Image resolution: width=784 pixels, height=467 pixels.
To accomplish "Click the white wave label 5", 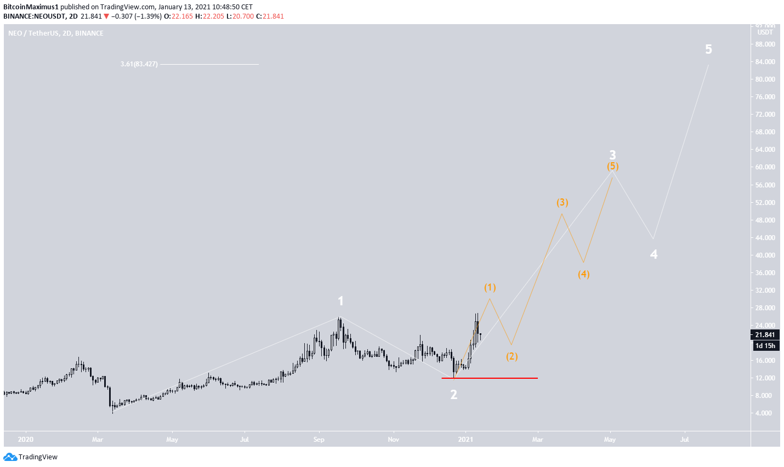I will point(708,49).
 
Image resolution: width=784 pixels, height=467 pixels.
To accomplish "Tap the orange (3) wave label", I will point(562,202).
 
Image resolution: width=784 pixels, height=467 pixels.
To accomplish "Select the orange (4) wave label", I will point(583,274).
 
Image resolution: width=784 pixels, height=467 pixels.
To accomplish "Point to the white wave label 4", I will point(654,254).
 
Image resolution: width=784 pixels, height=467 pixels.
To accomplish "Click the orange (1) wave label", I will point(490,287).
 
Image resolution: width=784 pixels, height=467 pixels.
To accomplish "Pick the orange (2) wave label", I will point(511,356).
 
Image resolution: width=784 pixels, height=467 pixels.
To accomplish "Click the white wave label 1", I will point(340,301).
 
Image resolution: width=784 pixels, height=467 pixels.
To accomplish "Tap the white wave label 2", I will point(453,395).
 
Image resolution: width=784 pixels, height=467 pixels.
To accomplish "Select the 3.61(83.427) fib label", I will point(139,64).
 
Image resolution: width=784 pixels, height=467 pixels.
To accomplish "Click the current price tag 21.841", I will point(765,335).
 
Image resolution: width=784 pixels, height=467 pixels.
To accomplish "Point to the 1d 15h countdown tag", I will point(765,345).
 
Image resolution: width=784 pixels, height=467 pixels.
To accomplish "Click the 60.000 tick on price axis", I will point(765,167).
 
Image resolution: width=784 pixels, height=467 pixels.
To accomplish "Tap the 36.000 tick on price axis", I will point(765,273).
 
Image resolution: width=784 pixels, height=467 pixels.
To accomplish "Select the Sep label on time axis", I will point(319,440).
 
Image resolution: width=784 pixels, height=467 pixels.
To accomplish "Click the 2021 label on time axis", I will point(465,440).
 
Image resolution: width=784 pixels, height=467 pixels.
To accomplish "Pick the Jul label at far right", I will point(684,440).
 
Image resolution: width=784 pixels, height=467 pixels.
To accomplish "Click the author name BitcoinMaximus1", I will point(30,7).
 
